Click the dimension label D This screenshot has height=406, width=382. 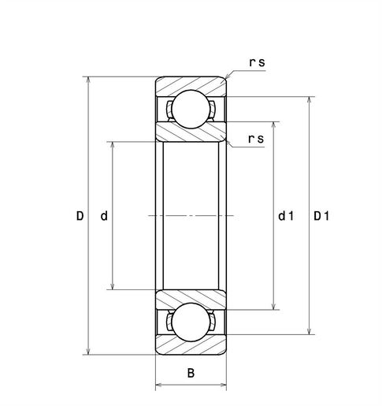tap(80, 216)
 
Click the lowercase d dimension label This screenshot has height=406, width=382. tap(104, 216)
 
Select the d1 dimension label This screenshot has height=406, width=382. tap(286, 216)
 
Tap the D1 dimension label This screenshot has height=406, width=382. tap(321, 216)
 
